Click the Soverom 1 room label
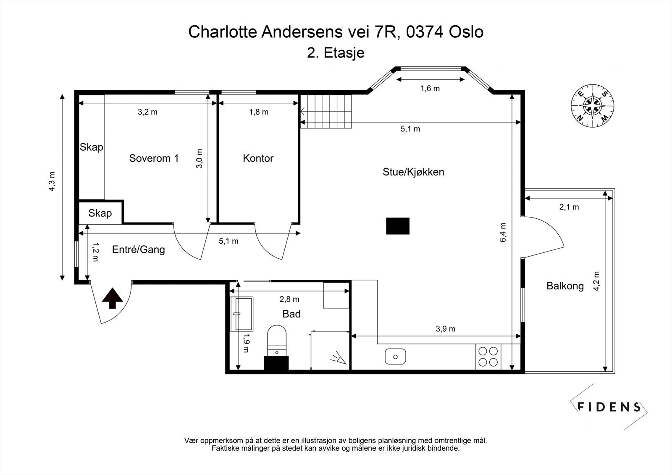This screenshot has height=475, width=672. pyautogui.click(x=154, y=158)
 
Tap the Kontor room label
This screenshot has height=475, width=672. pyautogui.click(x=258, y=158)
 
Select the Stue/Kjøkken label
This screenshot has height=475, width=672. pyautogui.click(x=413, y=172)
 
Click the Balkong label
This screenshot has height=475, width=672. pyautogui.click(x=565, y=286)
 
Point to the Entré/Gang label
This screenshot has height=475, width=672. pyautogui.click(x=138, y=250)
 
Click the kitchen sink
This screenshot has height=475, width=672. pyautogui.click(x=395, y=357)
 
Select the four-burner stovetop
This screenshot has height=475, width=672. pyautogui.click(x=488, y=356)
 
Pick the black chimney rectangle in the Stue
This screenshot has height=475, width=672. pyautogui.click(x=398, y=226)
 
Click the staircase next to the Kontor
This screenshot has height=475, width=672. pyautogui.click(x=326, y=111)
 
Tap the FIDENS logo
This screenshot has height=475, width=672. pyautogui.click(x=609, y=407)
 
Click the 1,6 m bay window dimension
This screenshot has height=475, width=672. pyautogui.click(x=430, y=88)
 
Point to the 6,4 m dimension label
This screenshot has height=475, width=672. pyautogui.click(x=504, y=232)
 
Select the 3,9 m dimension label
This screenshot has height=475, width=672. pyautogui.click(x=446, y=329)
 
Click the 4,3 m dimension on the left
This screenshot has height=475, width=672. pyautogui.click(x=52, y=181)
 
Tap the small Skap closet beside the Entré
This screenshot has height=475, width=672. pyautogui.click(x=100, y=213)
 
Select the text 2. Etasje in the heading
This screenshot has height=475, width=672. pyautogui.click(x=336, y=53)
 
